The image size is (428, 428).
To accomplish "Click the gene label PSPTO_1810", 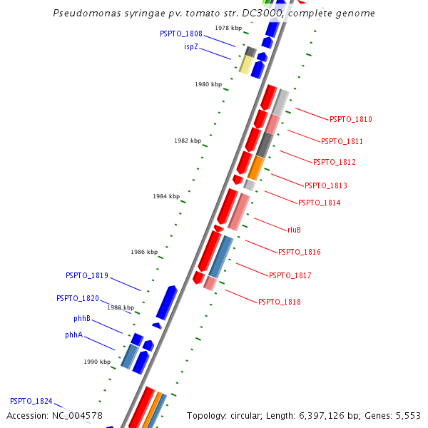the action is pos(351,120).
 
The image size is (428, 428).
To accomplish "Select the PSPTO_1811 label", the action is pos(342,141).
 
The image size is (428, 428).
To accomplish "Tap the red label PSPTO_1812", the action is pos(335,163).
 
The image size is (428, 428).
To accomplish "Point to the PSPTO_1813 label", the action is pos(326,185).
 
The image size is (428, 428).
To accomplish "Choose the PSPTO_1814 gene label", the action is pos(320,203).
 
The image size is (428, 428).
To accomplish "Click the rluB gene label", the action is pos(294,230).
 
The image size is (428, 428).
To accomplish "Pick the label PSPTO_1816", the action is pos(300,252).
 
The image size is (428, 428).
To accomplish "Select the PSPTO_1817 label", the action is pos(290,275).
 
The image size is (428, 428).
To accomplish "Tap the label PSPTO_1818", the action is pos(280,302).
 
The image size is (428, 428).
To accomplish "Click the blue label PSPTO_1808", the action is pos(181,34).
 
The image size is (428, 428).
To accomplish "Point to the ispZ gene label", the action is pos(191,47).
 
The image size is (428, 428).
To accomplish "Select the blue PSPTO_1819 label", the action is pos(87,275).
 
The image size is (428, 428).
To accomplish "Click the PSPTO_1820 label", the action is pos(78,298).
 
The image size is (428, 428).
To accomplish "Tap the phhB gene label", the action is pos(82,318).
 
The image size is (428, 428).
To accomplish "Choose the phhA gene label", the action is pos(74,335).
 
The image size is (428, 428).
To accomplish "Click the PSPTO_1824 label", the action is pos(31,402).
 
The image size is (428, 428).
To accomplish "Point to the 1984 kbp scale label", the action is pos(166,196).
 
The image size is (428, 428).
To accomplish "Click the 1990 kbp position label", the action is pos(97,362).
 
